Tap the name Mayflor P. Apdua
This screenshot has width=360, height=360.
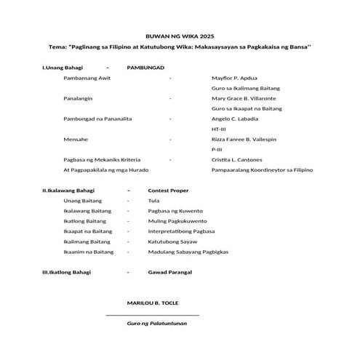[x=234, y=77]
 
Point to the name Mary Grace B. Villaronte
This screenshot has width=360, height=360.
[x=244, y=97]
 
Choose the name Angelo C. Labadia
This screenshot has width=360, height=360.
[x=234, y=118]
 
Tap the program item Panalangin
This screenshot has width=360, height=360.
[x=82, y=97]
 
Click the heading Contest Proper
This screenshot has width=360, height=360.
[x=168, y=191]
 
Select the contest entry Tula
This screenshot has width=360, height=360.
[x=153, y=201]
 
